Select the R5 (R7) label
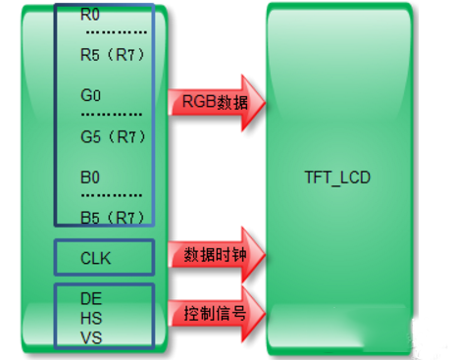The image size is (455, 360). pyautogui.click(x=113, y=55)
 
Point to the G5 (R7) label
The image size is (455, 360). pyautogui.click(x=113, y=137)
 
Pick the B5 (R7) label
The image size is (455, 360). pyautogui.click(x=113, y=217)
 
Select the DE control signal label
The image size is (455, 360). pyautogui.click(x=91, y=296)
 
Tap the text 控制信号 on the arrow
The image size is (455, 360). pyautogui.click(x=211, y=314)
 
